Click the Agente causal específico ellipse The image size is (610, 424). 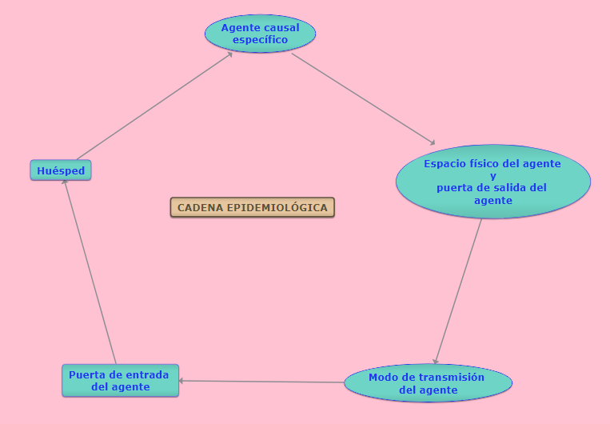tap(260, 34)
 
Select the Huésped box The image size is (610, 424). tap(61, 170)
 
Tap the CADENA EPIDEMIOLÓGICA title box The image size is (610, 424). tap(252, 208)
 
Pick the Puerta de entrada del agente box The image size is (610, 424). tap(120, 380)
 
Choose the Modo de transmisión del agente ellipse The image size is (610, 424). tap(428, 383)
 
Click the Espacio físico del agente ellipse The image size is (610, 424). tap(492, 182)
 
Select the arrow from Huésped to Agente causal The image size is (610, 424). tap(154, 106)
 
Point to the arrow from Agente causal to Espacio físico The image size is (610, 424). tap(364, 98)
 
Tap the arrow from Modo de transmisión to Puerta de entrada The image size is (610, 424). tap(262, 382)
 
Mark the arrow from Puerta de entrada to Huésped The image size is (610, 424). tap(90, 272)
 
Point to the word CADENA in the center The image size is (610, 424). tap(201, 208)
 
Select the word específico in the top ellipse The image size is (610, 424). tap(260, 39)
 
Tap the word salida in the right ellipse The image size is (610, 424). tap(507, 188)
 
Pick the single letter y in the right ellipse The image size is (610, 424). tap(492, 176)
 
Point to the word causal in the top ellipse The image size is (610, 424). tap(281, 27)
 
